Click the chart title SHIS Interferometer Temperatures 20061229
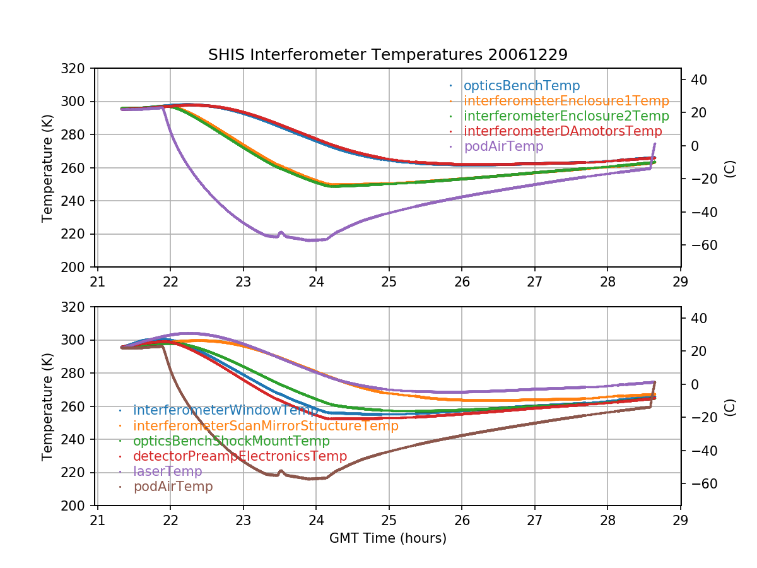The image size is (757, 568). (x=387, y=55)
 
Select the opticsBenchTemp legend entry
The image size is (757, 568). (x=522, y=86)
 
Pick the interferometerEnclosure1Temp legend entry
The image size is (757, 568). (x=566, y=101)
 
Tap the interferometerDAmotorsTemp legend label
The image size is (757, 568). (x=563, y=131)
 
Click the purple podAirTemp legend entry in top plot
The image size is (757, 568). (x=503, y=146)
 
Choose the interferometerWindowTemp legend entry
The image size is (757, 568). (x=225, y=411)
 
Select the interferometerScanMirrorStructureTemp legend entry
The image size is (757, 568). (x=266, y=426)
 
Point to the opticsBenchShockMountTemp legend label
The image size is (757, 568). (x=232, y=441)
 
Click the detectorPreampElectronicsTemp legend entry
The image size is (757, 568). (x=240, y=456)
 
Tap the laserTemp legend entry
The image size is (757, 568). (x=167, y=471)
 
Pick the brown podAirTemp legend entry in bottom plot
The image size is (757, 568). (x=173, y=487)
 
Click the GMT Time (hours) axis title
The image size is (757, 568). (x=387, y=538)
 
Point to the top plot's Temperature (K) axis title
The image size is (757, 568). (x=47, y=168)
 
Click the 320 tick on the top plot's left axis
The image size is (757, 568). (x=76, y=68)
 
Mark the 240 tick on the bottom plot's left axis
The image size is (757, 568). (x=76, y=439)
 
